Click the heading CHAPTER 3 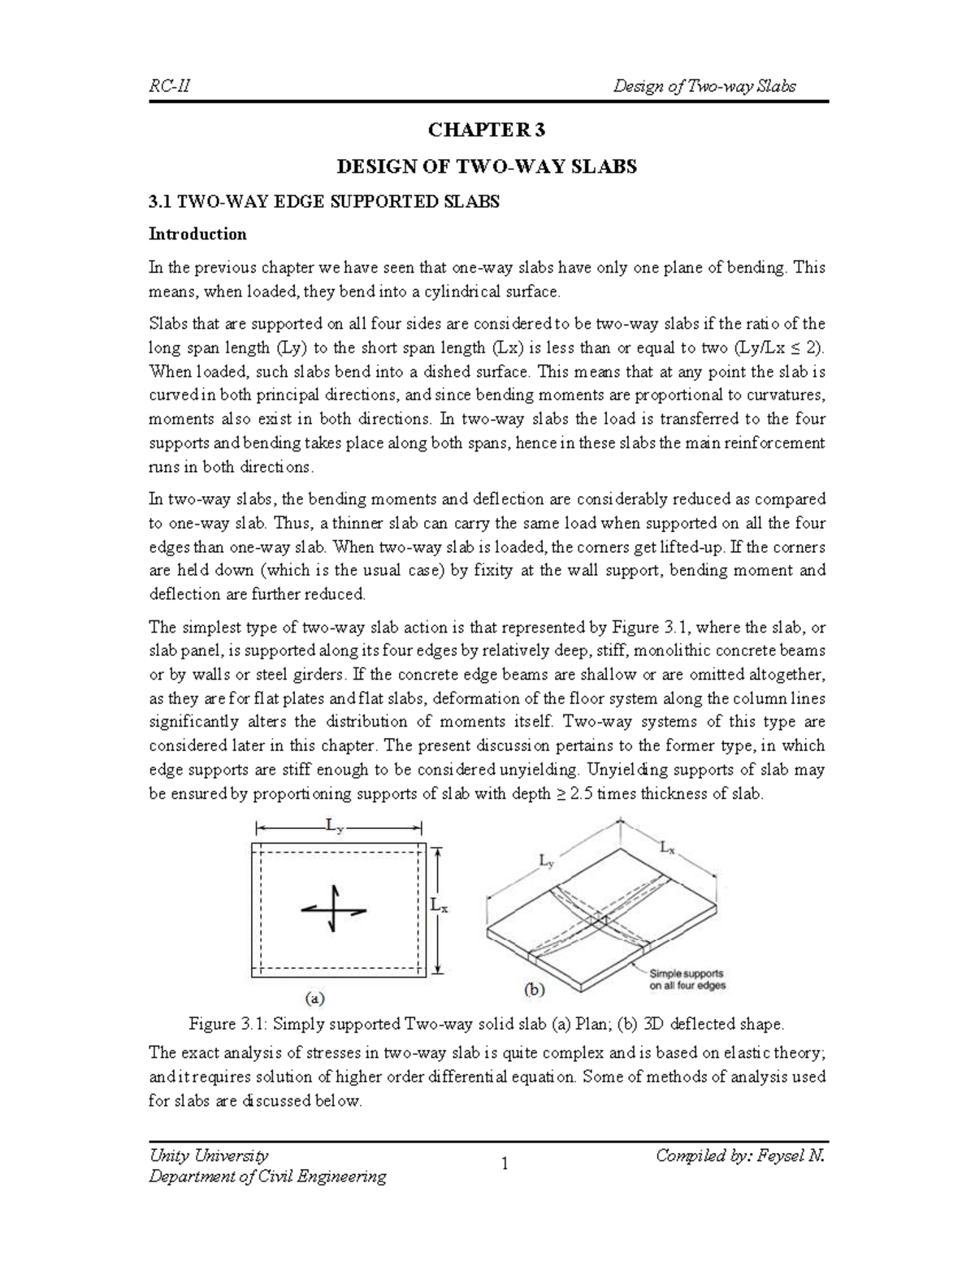point(487,131)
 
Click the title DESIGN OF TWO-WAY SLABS point(487,167)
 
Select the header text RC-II point(169,86)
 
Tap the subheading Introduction point(197,235)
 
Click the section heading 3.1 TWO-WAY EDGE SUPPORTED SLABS point(323,202)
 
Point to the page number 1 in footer point(505,1165)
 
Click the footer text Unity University point(208,1155)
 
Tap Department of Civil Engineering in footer point(267,1177)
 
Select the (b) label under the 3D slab point(532,990)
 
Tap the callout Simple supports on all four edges point(687,979)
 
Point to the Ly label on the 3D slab point(547,858)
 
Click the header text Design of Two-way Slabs point(704,86)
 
